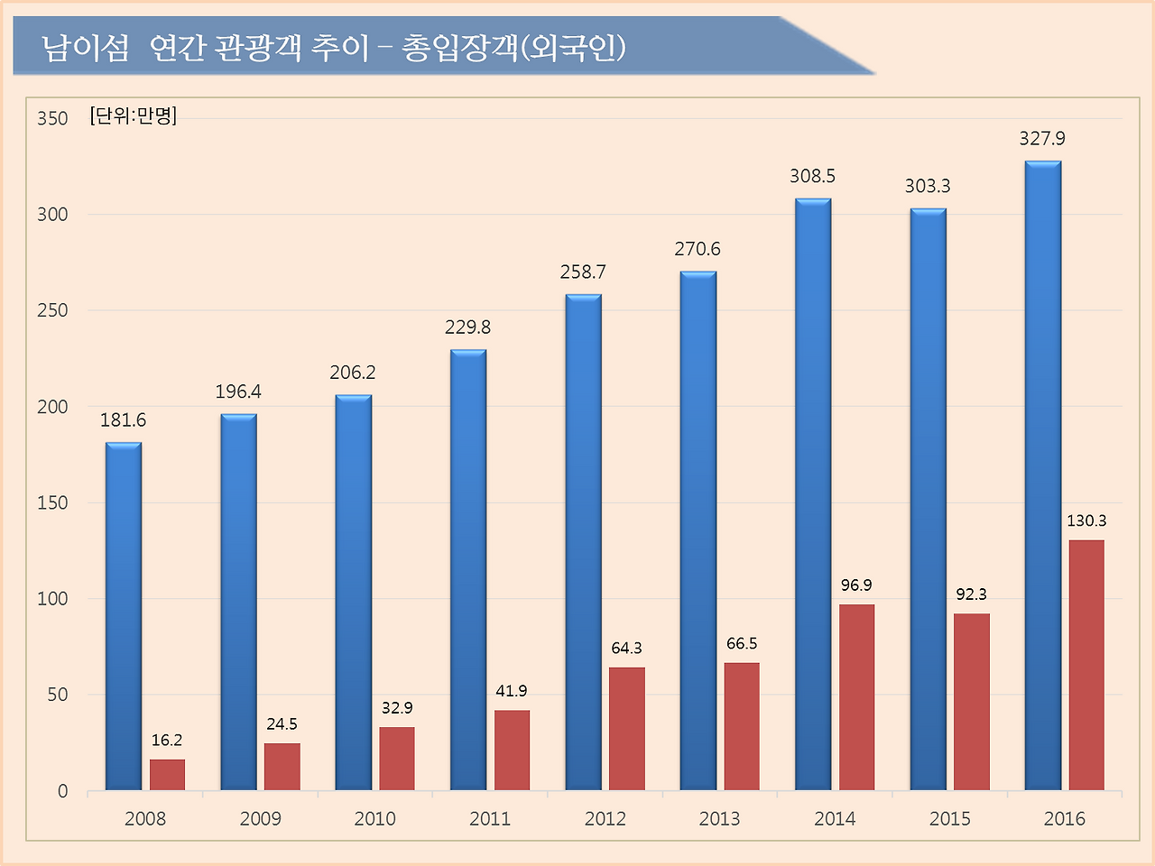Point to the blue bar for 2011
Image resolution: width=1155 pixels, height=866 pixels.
click(468, 570)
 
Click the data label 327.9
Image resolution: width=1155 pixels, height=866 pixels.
click(1042, 139)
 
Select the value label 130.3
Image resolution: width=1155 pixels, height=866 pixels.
click(1086, 521)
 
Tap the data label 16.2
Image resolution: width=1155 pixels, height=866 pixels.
click(167, 741)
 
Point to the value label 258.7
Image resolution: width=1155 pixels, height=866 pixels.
click(583, 272)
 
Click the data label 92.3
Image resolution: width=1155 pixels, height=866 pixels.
click(972, 594)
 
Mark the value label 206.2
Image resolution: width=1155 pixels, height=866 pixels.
click(353, 373)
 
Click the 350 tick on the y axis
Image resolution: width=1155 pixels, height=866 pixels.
click(52, 119)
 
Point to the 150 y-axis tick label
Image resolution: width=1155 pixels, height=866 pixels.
click(52, 503)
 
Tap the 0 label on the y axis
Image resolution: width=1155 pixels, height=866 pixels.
click(62, 791)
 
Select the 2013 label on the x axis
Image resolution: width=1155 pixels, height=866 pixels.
click(719, 819)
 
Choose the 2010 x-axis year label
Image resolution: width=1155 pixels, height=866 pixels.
click(374, 819)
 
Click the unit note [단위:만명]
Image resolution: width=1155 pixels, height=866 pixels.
click(134, 115)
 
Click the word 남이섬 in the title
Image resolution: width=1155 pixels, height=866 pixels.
click(86, 48)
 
